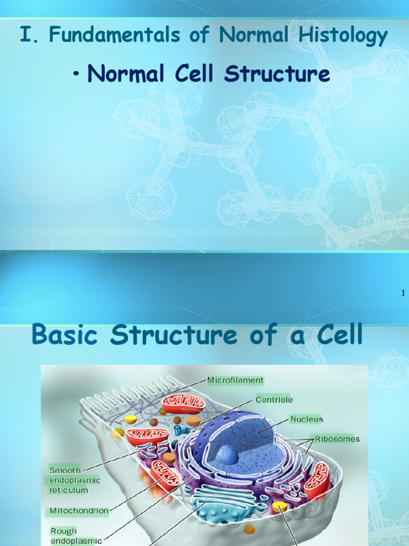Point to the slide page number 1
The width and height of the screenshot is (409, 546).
403,293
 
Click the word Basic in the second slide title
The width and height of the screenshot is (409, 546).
63,335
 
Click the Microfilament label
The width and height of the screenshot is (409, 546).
235,380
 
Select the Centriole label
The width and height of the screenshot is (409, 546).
274,399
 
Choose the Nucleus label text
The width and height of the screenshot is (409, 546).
306,419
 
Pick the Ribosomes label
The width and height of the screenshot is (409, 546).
337,439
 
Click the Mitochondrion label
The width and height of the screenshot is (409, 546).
79,510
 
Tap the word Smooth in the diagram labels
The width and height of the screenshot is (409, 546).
65,470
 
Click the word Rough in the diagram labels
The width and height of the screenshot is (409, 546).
63,531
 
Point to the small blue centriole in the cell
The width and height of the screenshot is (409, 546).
178,429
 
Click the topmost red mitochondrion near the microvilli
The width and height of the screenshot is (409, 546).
183,404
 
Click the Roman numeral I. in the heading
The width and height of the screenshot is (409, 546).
25,35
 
